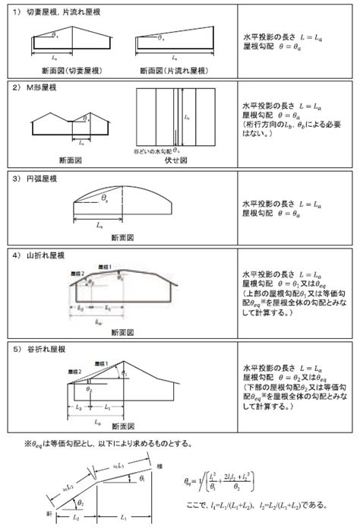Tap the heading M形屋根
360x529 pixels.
pyautogui.click(x=46, y=88)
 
